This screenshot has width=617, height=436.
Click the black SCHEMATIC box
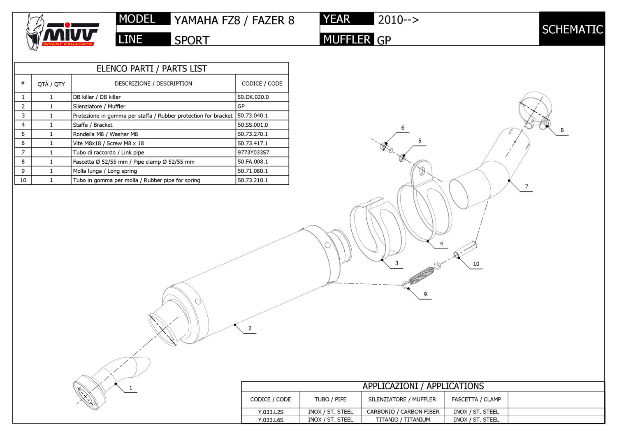[572, 29]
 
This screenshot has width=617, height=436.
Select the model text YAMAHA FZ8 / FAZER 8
[234, 21]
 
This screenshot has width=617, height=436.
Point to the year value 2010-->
[398, 20]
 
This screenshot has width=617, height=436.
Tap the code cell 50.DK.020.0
[253, 97]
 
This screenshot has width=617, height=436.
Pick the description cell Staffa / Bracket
[93, 125]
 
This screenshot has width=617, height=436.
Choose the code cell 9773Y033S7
[253, 153]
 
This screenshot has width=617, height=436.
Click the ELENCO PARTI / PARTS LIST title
[151, 69]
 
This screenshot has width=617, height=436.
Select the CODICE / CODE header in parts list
[262, 83]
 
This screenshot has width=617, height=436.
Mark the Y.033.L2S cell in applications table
[271, 412]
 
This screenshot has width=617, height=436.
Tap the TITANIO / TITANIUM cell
[403, 420]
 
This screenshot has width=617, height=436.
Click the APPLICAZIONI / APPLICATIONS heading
[423, 386]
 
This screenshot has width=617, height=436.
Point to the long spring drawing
[422, 275]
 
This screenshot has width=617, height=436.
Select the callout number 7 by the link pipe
[527, 187]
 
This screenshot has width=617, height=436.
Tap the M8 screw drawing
[387, 147]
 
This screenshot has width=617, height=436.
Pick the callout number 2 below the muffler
[250, 329]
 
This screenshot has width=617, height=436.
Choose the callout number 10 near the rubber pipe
[476, 264]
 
